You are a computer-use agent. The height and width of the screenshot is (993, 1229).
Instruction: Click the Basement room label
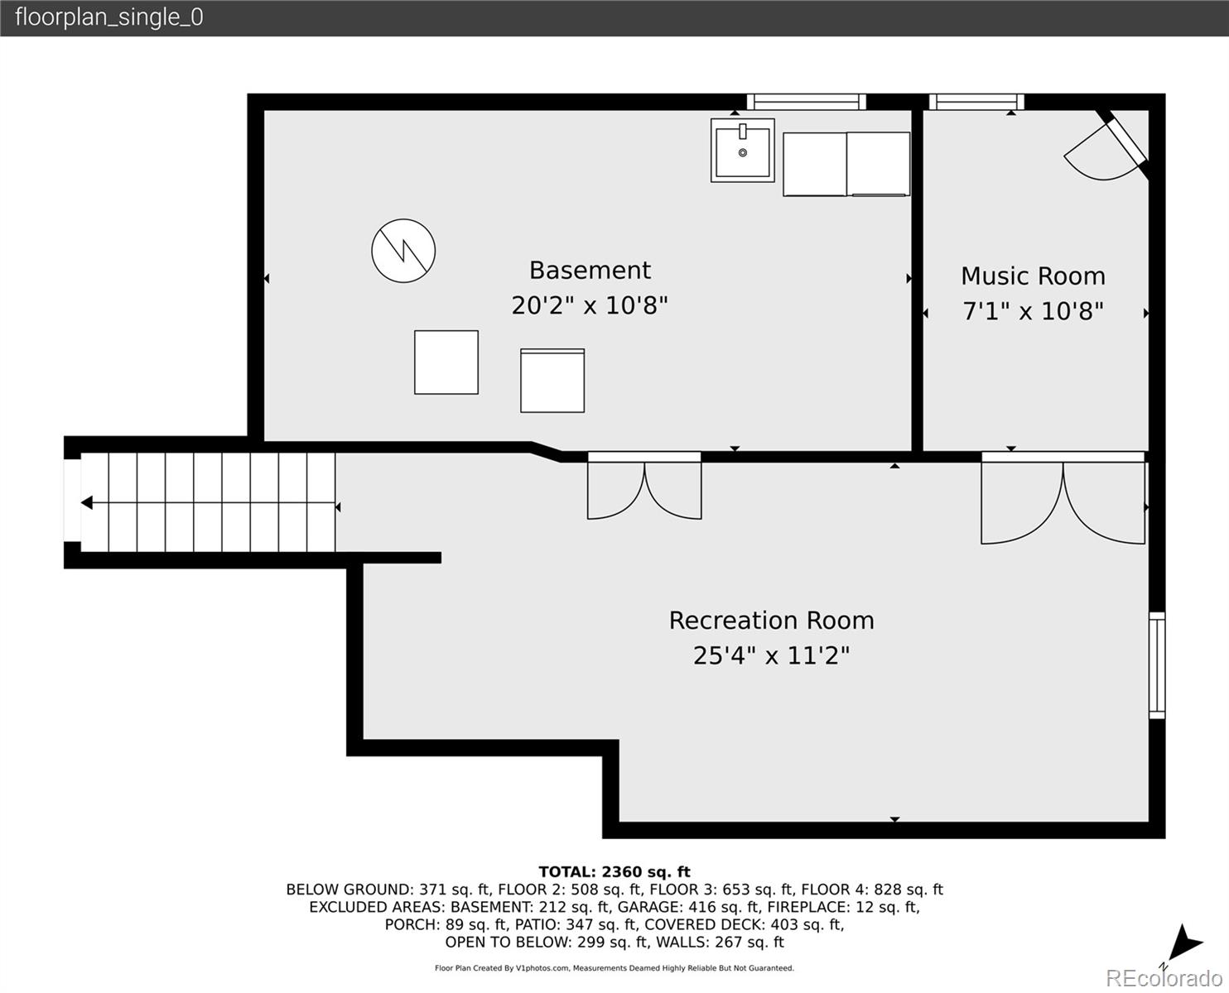590,271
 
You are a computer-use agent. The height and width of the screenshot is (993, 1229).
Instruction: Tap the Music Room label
1033,276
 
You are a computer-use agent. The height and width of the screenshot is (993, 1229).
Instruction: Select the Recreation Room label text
772,621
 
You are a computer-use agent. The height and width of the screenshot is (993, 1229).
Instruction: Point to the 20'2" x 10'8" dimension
590,305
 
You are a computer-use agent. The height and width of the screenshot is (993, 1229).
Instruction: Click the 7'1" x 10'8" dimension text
1033,311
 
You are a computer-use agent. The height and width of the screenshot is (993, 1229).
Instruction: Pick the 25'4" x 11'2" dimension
772,655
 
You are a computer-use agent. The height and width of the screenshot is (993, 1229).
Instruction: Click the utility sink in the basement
743,151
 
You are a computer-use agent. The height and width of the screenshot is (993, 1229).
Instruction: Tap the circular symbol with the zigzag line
403,251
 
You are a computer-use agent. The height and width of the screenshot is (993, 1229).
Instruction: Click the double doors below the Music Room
1063,498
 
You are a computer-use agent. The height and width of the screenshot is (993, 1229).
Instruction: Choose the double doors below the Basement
644,486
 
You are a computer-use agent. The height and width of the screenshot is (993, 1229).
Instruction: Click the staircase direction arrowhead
87,503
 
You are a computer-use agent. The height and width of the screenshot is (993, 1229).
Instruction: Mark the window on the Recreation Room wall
1157,665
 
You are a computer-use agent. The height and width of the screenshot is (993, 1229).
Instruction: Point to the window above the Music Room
976,102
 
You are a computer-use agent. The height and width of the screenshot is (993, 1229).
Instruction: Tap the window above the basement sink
807,102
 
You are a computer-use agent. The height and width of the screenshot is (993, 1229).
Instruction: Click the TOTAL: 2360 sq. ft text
614,871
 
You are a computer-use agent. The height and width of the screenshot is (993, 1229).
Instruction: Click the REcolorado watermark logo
1164,978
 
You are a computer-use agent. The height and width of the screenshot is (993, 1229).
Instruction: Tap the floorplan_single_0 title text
109,17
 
